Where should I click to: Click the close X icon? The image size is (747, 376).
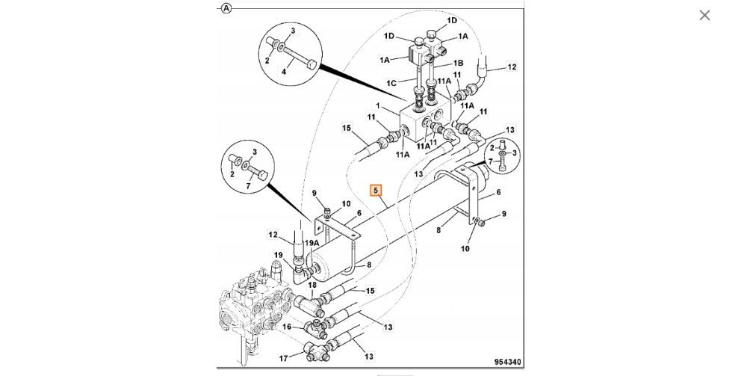point(704,15)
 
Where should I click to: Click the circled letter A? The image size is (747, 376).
point(226,8)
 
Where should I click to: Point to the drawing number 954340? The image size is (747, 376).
point(507,362)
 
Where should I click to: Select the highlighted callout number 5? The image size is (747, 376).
point(376,191)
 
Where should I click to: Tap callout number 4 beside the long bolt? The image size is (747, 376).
point(284,72)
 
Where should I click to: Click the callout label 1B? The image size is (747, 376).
point(458,63)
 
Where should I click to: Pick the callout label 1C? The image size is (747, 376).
point(391,84)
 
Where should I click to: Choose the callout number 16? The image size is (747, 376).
point(287,327)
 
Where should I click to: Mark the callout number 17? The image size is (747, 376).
point(283,358)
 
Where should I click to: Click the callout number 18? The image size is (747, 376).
point(312,285)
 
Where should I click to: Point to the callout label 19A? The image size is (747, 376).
point(312,243)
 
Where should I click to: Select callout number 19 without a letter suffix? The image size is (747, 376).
point(279,255)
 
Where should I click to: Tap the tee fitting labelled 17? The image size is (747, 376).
point(314,352)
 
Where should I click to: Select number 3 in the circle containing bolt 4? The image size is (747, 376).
point(293,31)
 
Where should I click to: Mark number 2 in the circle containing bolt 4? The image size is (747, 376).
point(267,61)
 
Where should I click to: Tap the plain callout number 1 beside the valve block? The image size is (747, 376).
point(378,106)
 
